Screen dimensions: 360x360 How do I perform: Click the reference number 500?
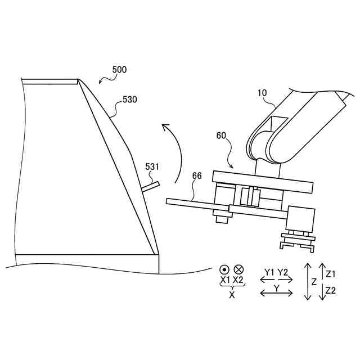pos(119,70)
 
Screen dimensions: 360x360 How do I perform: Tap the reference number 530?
pos(130,100)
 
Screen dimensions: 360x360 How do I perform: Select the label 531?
pos(152,166)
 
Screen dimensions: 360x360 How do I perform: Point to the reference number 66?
pos(197,175)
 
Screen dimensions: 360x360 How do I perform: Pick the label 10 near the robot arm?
pos(262,92)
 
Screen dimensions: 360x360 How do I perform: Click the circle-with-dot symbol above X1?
pos(224,269)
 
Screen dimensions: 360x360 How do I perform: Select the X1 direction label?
pos(224,280)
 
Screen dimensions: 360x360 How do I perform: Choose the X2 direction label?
pos(238,280)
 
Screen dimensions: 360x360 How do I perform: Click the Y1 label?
pos(269,272)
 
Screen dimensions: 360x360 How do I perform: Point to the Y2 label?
pos(283,272)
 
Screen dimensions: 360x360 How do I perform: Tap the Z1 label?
pos(331,274)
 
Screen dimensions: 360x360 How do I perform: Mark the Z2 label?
pos(331,290)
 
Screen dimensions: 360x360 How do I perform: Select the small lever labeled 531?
pos(151,186)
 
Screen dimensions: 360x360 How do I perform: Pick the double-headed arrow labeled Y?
pos(276,292)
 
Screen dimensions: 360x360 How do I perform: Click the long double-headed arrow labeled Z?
pos(308,281)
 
